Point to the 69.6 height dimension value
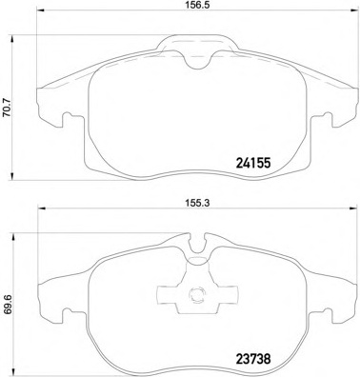[8, 306]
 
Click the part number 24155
[253, 164]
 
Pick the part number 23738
[253, 360]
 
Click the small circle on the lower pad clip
[197, 294]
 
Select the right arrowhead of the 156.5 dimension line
[352, 10]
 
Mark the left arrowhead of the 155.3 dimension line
[42, 208]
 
